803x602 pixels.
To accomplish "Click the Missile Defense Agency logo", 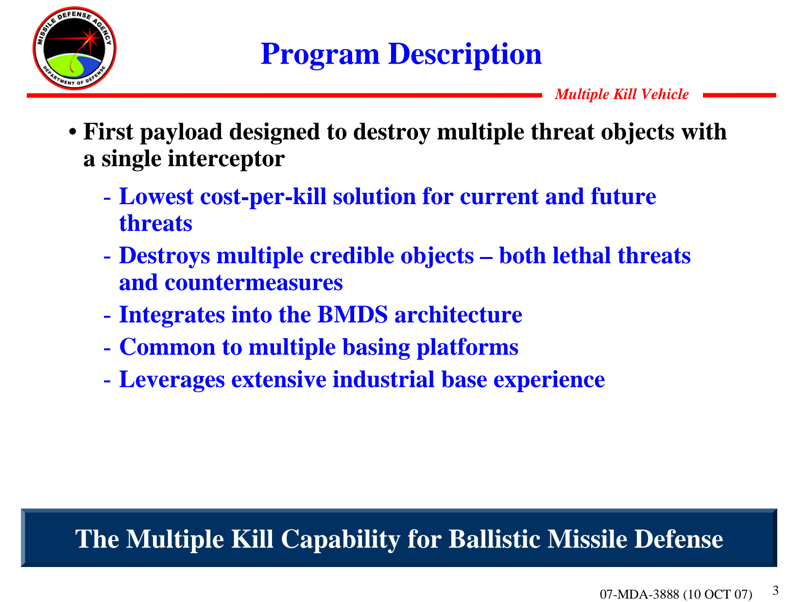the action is (74, 48).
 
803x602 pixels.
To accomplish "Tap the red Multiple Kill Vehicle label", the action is (621, 94).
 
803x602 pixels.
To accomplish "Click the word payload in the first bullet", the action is (181, 132).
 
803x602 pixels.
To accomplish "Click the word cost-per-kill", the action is (263, 197).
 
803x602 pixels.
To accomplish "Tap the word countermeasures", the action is (254, 283).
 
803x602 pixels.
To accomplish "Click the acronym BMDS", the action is (352, 314).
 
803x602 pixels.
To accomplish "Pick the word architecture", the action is (459, 315).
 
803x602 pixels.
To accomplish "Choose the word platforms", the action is (467, 347).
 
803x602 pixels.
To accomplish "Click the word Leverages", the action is (172, 380).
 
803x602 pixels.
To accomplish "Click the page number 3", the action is (775, 590).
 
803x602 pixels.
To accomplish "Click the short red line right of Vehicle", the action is (739, 95).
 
